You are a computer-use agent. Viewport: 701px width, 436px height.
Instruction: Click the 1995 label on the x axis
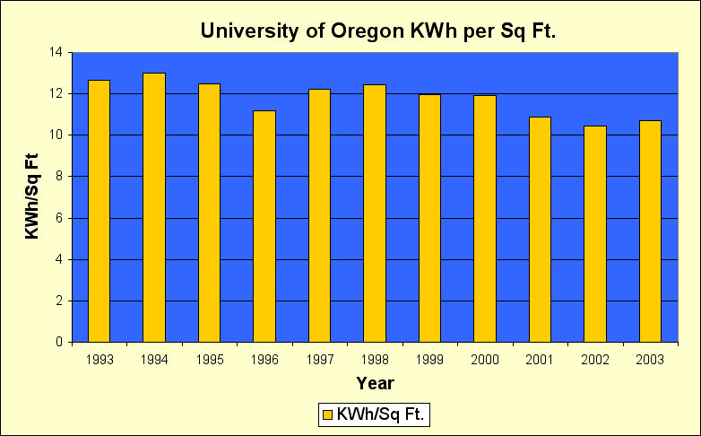coord(209,360)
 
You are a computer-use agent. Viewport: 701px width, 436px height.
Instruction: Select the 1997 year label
coord(319,360)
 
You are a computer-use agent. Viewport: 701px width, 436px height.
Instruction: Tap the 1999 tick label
coord(429,360)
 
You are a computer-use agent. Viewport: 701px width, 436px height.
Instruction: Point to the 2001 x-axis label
coord(540,360)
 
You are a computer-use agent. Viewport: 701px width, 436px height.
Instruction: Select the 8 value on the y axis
coord(58,177)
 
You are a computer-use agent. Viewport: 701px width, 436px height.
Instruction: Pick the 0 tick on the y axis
coord(58,342)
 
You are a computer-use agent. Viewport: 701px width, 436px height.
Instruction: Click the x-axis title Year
coord(375,383)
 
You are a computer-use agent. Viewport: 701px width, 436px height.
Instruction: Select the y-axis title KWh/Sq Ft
coord(31,197)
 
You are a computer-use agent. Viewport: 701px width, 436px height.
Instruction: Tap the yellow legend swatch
coord(327,414)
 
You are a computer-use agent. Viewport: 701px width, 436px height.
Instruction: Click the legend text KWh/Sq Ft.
coord(381,414)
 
